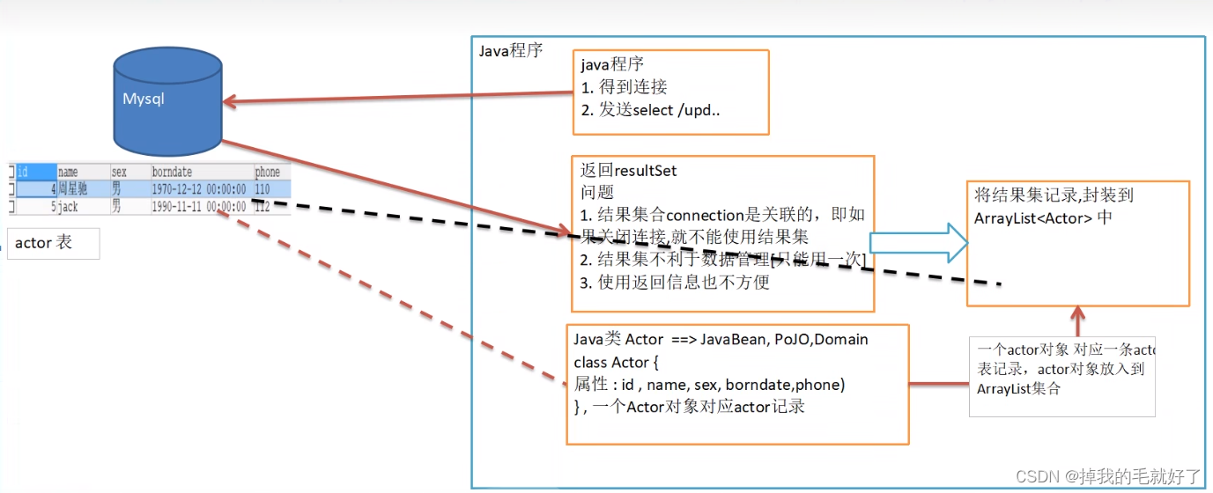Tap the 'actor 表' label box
53,243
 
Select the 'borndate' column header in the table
173,173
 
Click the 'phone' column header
267,173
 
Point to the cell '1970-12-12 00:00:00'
199,189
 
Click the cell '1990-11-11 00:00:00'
199,207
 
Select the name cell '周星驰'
72,189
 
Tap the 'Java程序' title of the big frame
511,50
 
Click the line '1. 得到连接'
625,86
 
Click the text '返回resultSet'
629,170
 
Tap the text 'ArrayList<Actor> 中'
1043,217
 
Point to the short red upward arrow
1076,320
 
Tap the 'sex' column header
119,173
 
